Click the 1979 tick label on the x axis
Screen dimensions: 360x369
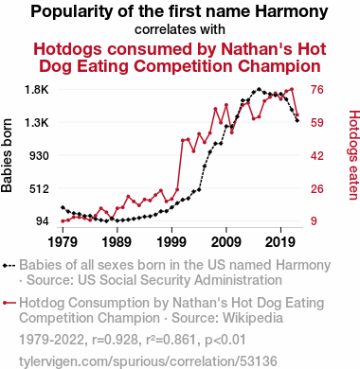[x=63, y=242]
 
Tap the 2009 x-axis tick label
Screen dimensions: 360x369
[x=226, y=242]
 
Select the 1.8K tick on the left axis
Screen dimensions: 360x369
[x=37, y=90]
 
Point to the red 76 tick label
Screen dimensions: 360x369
[x=317, y=90]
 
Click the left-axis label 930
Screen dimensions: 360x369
[x=39, y=156]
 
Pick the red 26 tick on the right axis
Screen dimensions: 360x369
[x=317, y=189]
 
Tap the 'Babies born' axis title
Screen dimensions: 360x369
[x=7, y=155]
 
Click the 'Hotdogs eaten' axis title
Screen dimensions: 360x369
[x=353, y=155]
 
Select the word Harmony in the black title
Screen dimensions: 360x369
[x=292, y=11]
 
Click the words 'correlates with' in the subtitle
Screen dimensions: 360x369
[x=180, y=29]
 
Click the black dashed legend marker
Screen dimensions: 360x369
[x=9, y=266]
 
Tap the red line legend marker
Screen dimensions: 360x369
[x=9, y=303]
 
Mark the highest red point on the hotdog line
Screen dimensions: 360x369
[x=292, y=89]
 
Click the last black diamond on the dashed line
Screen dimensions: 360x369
[x=297, y=120]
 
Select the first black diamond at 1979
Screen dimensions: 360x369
[x=63, y=207]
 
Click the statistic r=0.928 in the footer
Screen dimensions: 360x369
[x=115, y=340]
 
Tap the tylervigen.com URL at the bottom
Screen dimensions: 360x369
[x=148, y=361]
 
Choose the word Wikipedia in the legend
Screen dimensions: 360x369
[x=253, y=318]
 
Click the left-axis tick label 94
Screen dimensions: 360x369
[x=43, y=221]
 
